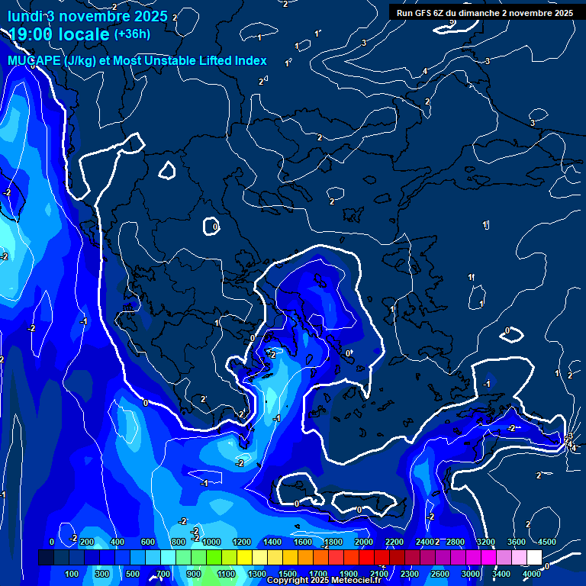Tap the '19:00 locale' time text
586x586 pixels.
pos(60,34)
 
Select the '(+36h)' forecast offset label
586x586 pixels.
pos(132,34)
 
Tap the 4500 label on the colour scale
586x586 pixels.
pos(547,542)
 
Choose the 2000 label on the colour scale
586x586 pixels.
pos(363,542)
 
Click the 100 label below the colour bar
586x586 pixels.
pos(72,574)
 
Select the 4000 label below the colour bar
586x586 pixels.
pos(532,574)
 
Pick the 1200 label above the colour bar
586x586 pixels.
pos(241,542)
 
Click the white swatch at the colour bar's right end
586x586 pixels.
pos(534,558)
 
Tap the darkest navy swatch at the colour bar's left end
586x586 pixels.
pos(46,558)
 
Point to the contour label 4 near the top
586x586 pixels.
pos(425,72)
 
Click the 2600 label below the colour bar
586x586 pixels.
pos(439,574)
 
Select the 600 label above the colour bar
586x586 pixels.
pos(149,542)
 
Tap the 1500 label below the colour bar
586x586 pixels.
pos(287,574)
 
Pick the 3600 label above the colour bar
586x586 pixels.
pos(517,542)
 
